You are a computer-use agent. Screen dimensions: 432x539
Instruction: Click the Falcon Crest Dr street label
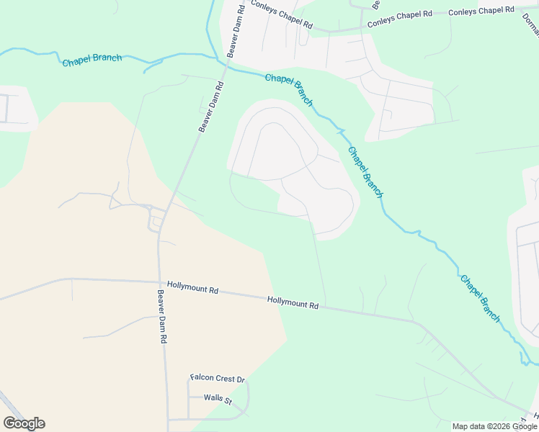coord(218,379)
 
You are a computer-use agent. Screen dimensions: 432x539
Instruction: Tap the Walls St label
coord(218,397)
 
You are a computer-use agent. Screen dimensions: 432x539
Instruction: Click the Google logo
coord(24,423)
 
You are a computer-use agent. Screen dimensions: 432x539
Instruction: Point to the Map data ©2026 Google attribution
coord(495,426)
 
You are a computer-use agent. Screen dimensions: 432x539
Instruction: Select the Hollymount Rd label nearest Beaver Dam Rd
coord(192,287)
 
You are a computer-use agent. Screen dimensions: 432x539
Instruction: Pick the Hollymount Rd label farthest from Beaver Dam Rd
coord(293,303)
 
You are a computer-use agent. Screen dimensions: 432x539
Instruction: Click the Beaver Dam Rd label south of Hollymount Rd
coord(163,316)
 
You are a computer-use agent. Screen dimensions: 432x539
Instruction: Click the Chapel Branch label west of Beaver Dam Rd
coord(92,60)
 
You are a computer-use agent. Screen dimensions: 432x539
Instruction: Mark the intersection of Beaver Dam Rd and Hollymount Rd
coord(159,282)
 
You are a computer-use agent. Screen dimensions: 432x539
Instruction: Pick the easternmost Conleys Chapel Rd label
coord(481,11)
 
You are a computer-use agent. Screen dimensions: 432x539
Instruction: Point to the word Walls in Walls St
coord(212,397)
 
